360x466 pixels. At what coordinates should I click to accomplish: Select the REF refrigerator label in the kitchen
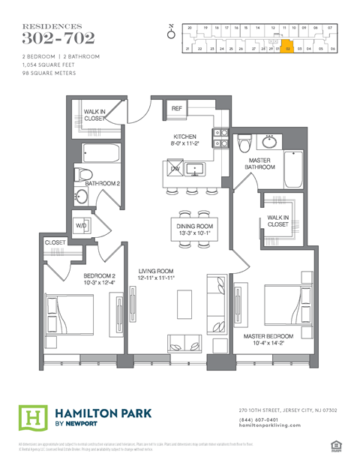pos(177,109)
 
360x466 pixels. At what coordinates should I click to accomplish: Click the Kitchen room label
pos(184,137)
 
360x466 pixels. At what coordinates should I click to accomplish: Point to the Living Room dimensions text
pos(157,278)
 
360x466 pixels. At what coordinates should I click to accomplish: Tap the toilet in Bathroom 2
pos(83,177)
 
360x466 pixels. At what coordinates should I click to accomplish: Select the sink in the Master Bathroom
pos(269,140)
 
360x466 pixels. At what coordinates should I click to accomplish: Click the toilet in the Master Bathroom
pos(244,143)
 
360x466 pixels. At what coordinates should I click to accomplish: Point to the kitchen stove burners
pos(220,138)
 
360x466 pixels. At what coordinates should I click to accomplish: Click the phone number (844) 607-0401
pos(259,419)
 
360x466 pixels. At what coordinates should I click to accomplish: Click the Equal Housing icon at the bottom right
pos(335,446)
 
